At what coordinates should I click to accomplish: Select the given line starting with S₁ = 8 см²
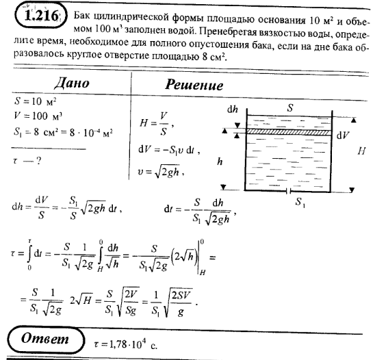[61, 128]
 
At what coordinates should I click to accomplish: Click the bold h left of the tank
[218, 162]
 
